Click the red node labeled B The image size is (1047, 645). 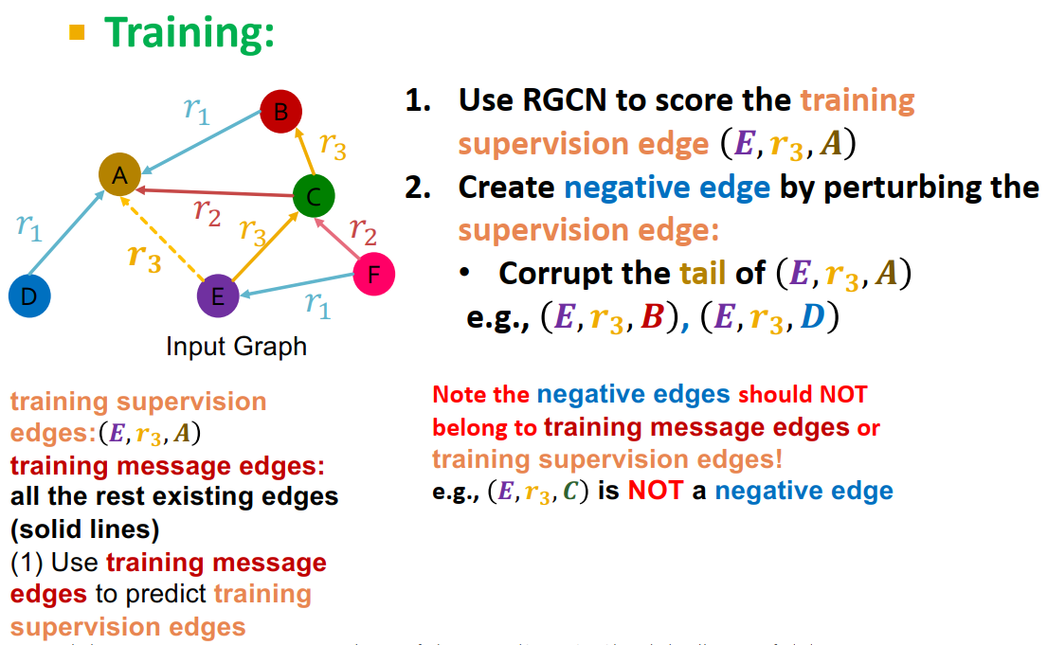point(280,113)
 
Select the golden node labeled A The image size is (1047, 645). point(120,174)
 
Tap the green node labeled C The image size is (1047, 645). point(314,197)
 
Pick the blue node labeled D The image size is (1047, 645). point(29,296)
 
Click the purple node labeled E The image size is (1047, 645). point(218,296)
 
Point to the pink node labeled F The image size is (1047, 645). point(373,274)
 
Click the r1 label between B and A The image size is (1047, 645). point(195,110)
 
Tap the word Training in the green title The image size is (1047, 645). point(190,33)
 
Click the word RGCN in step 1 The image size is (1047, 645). point(563,100)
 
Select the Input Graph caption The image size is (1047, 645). point(236,346)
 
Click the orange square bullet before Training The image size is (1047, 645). point(77,33)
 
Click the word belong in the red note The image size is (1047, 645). point(470,427)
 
